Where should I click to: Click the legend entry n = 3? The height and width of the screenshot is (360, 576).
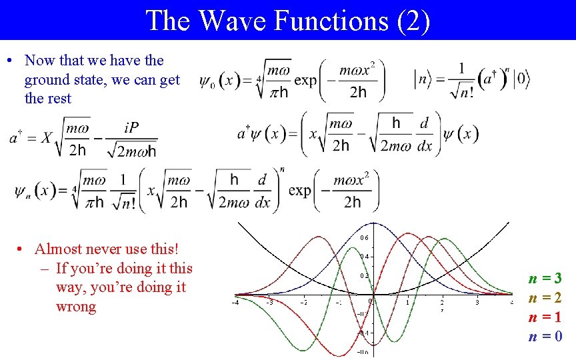[x=545, y=279]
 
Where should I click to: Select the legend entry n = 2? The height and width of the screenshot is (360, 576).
[x=545, y=298]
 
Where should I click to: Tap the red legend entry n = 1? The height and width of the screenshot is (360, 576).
[x=545, y=317]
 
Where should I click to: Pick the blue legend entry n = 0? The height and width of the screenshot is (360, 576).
[x=545, y=337]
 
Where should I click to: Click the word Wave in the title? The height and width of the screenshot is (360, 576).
[x=227, y=20]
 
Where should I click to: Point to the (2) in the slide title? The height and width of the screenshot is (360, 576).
[x=413, y=20]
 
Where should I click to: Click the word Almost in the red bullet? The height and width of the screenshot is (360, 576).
[x=59, y=249]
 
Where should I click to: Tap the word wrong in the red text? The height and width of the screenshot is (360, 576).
[x=76, y=307]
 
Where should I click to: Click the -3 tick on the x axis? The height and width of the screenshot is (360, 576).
[x=269, y=303]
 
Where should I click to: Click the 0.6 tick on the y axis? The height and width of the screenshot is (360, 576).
[x=364, y=238]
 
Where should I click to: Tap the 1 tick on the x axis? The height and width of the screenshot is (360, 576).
[x=408, y=303]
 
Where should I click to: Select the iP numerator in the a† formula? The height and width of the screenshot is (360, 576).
[x=131, y=127]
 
